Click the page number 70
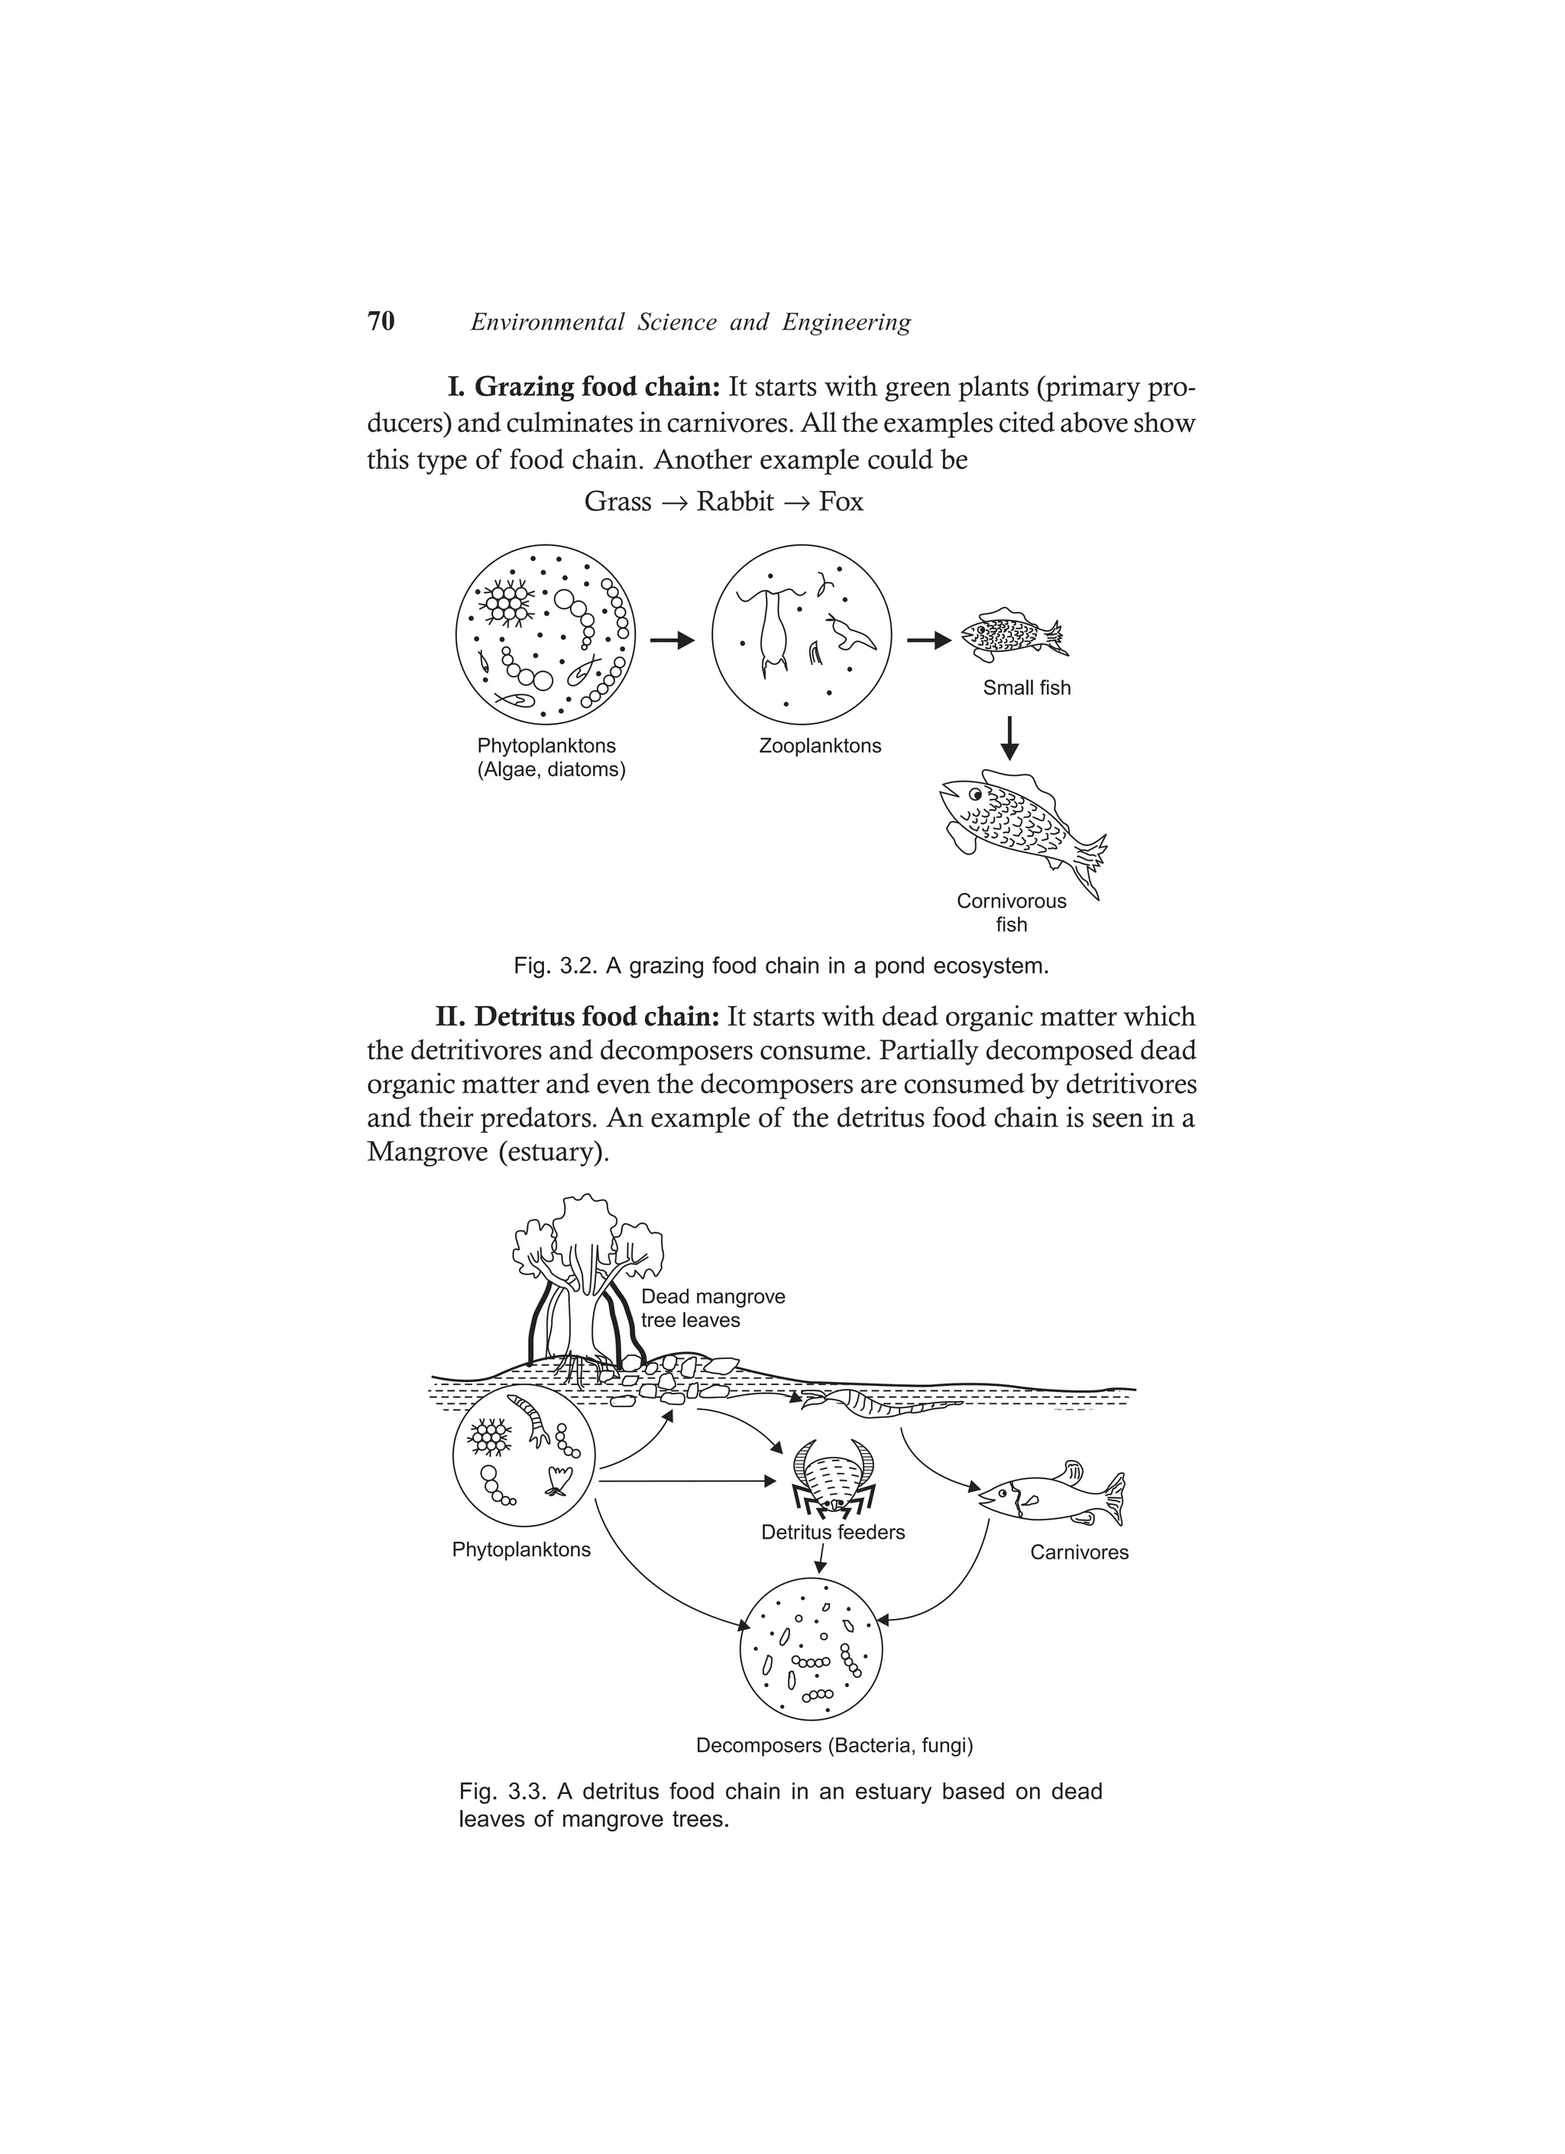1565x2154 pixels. [x=381, y=321]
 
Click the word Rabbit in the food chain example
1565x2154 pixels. [x=734, y=501]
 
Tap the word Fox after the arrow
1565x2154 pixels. [x=841, y=501]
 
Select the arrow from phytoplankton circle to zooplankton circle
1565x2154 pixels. [x=672, y=641]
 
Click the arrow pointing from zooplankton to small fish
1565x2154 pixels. [x=928, y=641]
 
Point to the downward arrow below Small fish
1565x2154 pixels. [x=1010, y=738]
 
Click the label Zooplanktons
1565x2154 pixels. [x=819, y=745]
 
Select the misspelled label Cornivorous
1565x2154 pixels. [x=1010, y=900]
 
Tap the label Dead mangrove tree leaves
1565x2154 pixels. [x=712, y=1308]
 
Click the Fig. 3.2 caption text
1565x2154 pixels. [x=781, y=966]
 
